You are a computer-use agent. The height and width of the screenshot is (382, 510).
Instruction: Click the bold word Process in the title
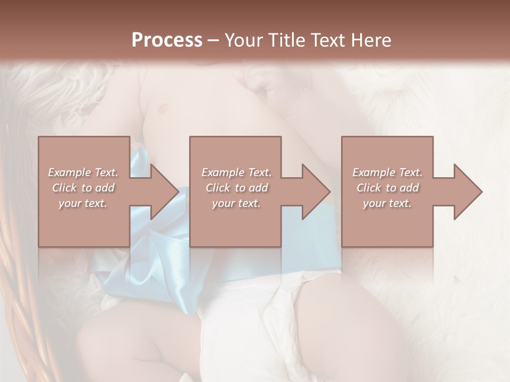(167, 40)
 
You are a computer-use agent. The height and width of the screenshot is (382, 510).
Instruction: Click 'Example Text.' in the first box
(83, 172)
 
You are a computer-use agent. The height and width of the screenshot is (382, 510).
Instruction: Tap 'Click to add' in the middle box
(236, 188)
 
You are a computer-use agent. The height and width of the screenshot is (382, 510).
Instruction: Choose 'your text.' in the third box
(387, 203)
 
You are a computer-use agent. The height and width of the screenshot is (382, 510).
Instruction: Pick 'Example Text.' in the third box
(387, 172)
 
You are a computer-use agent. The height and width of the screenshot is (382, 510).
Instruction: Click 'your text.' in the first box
(83, 203)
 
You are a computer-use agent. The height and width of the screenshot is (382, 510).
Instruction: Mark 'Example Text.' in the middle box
(236, 172)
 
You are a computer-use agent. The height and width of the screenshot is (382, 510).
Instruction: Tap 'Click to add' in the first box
(83, 188)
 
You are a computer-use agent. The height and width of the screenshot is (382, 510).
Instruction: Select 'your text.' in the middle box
(236, 203)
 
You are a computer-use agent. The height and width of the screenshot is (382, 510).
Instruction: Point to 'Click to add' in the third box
(387, 188)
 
